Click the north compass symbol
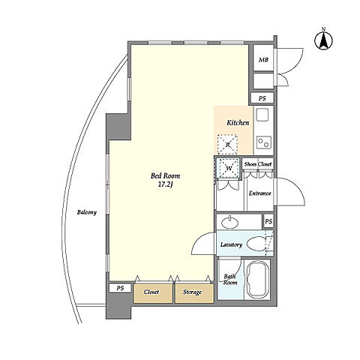click(x=323, y=40)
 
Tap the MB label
click(x=263, y=60)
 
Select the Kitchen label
click(x=238, y=123)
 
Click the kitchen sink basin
click(x=262, y=115)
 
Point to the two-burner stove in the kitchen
click(x=264, y=142)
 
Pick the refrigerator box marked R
click(x=227, y=144)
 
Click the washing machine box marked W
click(x=229, y=168)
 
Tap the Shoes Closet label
click(x=258, y=164)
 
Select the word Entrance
click(x=260, y=193)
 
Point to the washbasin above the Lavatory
click(x=230, y=222)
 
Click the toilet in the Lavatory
click(x=256, y=244)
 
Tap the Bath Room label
click(x=230, y=280)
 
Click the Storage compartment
click(x=194, y=293)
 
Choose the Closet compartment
click(x=153, y=293)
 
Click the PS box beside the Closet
click(x=120, y=288)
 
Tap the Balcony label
click(x=87, y=213)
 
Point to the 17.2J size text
click(x=165, y=184)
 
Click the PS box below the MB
click(x=262, y=98)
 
